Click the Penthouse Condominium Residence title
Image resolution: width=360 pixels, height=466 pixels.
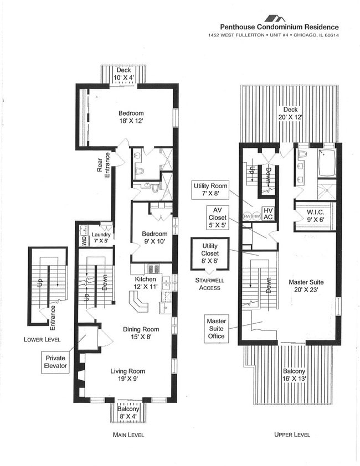(279, 27)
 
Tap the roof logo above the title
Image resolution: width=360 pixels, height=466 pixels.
(275, 18)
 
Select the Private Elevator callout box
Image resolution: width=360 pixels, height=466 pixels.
(55, 361)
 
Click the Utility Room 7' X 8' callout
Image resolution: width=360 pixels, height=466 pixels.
(208, 190)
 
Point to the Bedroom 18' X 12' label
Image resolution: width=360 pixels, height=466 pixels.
(131, 117)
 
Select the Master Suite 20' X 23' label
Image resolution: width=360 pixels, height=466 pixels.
(306, 286)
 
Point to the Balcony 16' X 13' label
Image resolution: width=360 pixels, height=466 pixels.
(290, 375)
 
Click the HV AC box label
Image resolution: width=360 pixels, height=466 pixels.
(268, 214)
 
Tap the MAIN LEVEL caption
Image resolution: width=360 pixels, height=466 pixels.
(128, 435)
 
